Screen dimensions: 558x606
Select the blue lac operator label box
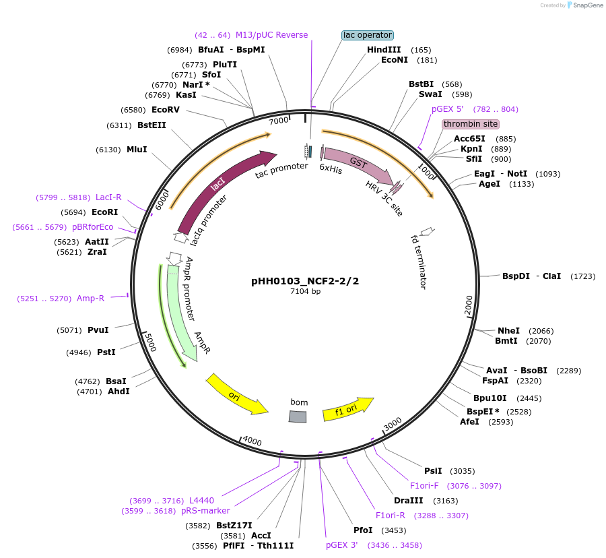(x=367, y=35)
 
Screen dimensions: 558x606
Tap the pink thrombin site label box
(x=471, y=124)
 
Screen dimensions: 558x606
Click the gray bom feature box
(x=298, y=416)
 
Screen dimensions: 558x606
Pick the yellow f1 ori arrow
(x=347, y=408)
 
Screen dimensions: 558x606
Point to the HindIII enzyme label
(x=384, y=50)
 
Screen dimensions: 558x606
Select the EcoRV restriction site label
(x=166, y=110)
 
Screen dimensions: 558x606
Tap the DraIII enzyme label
(x=408, y=501)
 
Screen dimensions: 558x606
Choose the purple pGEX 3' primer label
(x=342, y=545)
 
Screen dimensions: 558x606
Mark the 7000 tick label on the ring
(x=279, y=121)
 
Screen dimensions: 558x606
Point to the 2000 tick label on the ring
(x=469, y=305)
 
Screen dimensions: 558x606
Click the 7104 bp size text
(x=306, y=292)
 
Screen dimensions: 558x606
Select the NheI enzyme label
(x=508, y=331)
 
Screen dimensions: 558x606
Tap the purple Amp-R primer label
(x=90, y=299)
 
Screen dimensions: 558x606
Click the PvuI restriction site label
(x=98, y=330)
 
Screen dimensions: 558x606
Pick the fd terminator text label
(x=419, y=261)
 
